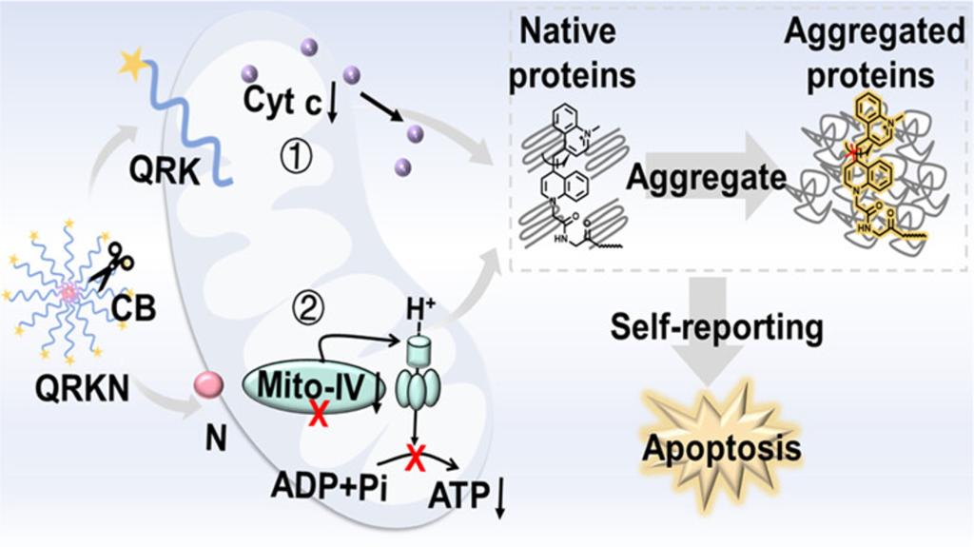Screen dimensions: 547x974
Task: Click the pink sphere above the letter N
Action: [208, 384]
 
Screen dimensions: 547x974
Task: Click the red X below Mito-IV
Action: [320, 415]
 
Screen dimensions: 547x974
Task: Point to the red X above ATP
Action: [415, 460]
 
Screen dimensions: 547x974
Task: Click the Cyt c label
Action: [285, 99]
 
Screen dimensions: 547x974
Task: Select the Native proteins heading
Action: [572, 54]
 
